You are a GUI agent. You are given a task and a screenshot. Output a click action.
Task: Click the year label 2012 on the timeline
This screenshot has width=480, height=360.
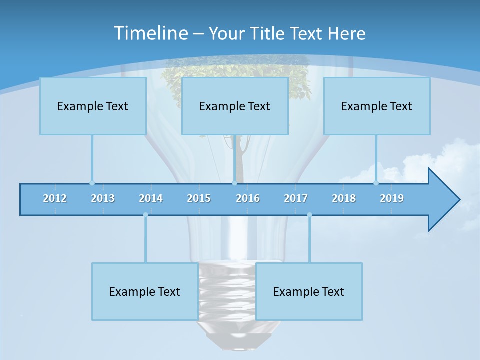click(55, 198)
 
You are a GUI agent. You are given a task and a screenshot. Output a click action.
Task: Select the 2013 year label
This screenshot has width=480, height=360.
click(103, 198)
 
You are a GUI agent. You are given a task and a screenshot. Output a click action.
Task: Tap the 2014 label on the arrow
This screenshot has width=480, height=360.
click(151, 198)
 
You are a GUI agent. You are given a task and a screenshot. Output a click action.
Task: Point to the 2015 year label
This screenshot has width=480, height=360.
click(199, 198)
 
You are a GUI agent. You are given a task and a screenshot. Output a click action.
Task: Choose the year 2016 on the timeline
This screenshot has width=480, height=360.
click(248, 198)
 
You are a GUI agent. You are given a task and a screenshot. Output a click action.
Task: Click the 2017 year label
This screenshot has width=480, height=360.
click(296, 198)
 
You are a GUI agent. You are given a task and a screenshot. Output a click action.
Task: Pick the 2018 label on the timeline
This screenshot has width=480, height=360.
click(344, 198)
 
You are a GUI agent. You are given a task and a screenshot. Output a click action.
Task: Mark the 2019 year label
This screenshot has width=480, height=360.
click(392, 198)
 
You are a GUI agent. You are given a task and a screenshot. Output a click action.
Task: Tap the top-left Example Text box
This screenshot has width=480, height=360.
click(93, 106)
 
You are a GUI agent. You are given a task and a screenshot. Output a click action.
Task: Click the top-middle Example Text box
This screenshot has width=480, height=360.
click(235, 106)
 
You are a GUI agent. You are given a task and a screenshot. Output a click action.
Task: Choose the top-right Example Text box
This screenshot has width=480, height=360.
click(377, 106)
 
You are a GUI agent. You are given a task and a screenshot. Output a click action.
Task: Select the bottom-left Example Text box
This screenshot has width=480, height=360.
click(145, 291)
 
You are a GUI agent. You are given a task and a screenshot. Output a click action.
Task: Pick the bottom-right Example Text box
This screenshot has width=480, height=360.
click(309, 291)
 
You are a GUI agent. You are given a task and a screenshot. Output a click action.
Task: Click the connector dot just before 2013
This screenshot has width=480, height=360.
click(92, 183)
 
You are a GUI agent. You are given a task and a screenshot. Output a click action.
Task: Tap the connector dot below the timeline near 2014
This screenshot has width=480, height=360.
click(145, 215)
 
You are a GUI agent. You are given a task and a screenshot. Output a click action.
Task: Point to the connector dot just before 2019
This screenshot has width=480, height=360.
click(376, 183)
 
